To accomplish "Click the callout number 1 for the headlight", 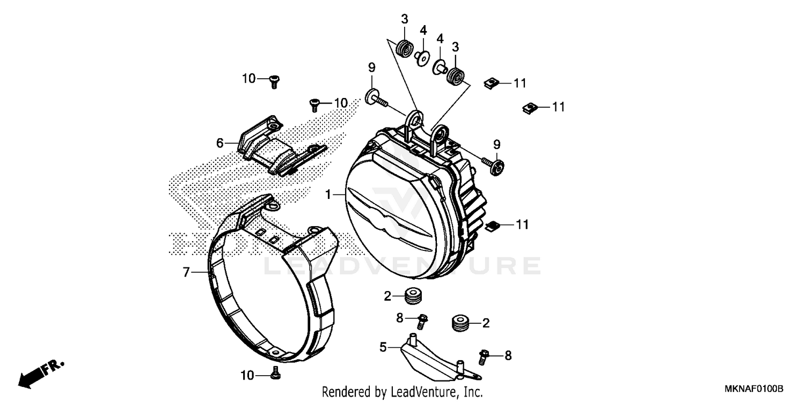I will tap(328, 194).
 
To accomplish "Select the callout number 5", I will tap(383, 347).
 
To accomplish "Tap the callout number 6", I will tap(219, 143).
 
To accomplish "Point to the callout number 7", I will tap(186, 272).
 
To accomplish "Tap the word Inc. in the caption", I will tap(472, 392).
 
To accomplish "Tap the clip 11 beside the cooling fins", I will tap(492, 226).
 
